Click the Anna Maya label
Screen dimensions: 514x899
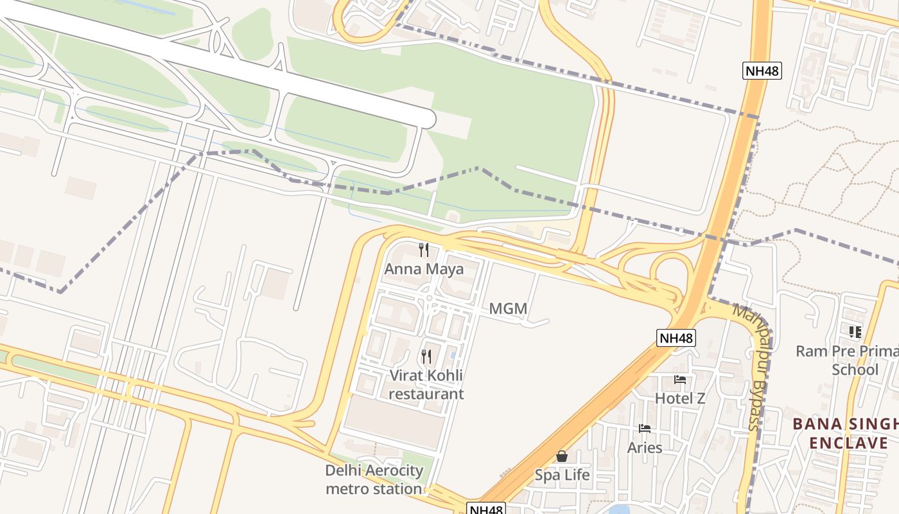[x=424, y=269]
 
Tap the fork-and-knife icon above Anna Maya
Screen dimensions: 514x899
[x=424, y=249]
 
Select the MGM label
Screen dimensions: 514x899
[x=508, y=309]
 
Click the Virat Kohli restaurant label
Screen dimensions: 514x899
[x=426, y=384]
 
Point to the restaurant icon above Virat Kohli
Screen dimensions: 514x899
[x=426, y=356]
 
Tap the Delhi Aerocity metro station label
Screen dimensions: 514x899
[x=374, y=479]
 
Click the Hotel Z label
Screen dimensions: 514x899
[x=680, y=398]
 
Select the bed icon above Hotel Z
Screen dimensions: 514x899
[x=680, y=380]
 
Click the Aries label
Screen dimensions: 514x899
[x=645, y=447]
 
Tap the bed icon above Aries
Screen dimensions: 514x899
[x=645, y=429]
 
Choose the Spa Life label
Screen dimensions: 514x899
[x=563, y=475]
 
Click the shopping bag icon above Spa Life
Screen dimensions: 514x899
[x=562, y=456]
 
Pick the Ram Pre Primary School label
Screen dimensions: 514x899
[x=847, y=360]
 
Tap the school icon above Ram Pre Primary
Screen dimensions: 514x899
[x=855, y=332]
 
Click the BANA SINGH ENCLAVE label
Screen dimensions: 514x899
[x=845, y=434]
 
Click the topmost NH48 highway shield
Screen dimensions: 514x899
[x=762, y=71]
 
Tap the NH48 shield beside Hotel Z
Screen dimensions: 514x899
[x=676, y=338]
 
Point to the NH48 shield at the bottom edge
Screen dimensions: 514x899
[x=485, y=509]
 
